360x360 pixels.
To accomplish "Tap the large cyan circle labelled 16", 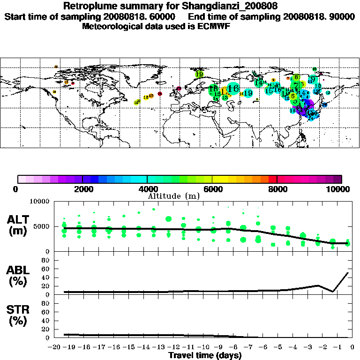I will pos(233,88).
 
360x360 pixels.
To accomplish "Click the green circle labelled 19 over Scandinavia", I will pos(199,74).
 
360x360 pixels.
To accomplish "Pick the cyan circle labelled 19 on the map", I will pos(248,93).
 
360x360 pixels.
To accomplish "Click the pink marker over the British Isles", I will pos(179,89).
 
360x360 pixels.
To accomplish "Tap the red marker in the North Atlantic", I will pos(160,94).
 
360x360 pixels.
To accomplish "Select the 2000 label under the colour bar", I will pos(82,189).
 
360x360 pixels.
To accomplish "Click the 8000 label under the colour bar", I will pos(277,189).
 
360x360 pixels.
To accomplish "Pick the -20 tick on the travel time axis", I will pos(55,347).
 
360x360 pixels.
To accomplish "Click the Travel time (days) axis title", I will pos(205,355).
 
